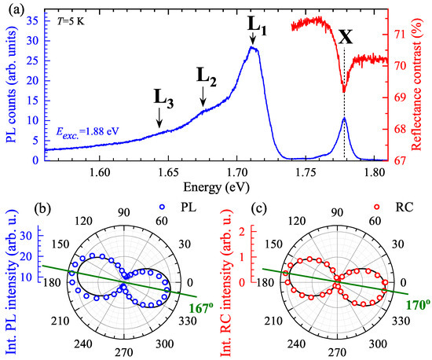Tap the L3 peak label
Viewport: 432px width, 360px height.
tap(163, 98)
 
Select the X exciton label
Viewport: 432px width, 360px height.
tap(343, 37)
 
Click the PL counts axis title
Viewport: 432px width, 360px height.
tap(11, 83)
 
